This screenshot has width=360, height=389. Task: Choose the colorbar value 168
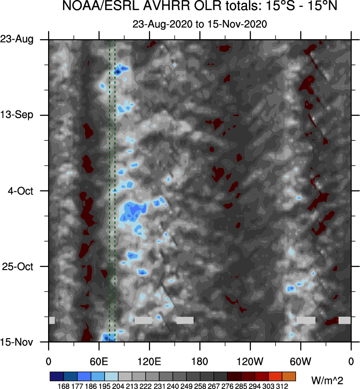point(64,385)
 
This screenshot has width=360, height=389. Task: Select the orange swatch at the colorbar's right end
point(289,376)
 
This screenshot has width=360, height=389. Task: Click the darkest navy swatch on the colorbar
point(56,376)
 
